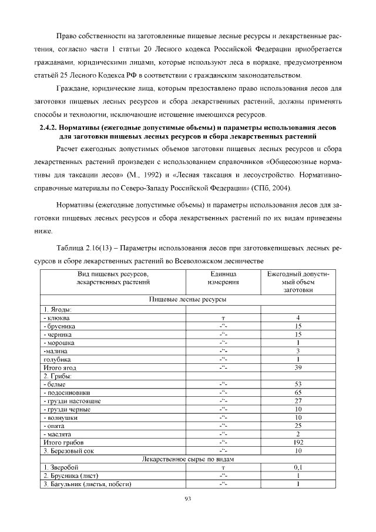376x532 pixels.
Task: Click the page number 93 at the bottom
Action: [188, 498]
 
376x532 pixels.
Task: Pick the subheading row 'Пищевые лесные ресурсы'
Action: [187, 299]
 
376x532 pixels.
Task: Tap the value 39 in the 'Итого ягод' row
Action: [298, 367]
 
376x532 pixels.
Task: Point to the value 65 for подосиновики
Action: [298, 392]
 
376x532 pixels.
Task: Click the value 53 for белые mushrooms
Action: [298, 384]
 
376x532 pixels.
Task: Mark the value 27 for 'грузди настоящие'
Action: [298, 401]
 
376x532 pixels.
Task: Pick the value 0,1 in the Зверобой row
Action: [298, 467]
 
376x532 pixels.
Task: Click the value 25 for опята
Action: [298, 426]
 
